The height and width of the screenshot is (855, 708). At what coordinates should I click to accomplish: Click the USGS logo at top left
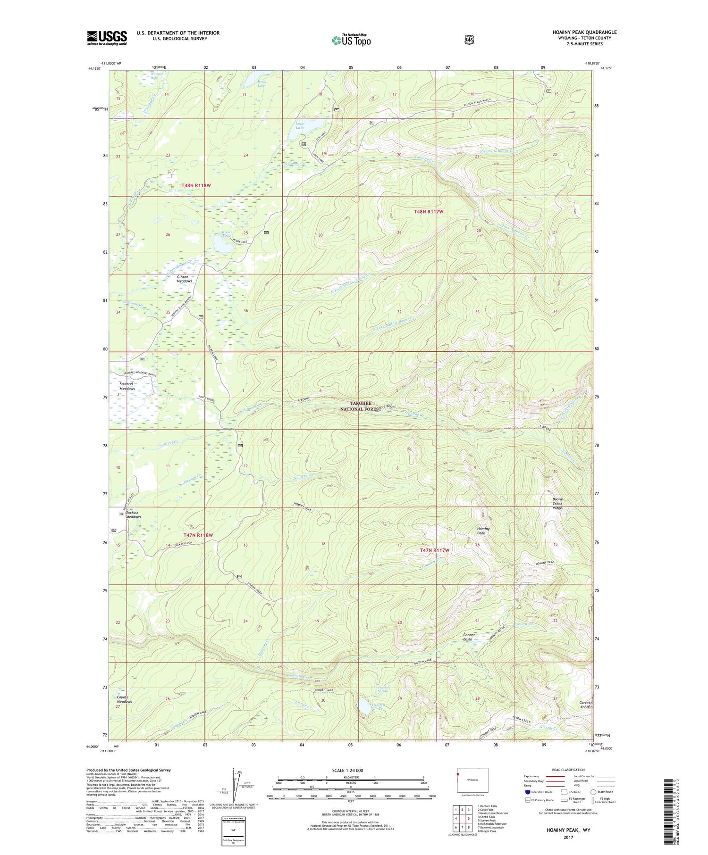click(107, 38)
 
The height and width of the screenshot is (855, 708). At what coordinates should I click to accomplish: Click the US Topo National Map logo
click(351, 40)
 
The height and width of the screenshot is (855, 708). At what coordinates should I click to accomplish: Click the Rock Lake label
click(262, 83)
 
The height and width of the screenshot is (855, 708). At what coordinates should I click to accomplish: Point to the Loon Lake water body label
click(300, 126)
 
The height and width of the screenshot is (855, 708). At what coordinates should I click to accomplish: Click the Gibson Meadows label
click(184, 279)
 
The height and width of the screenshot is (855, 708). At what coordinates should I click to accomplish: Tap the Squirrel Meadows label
click(124, 386)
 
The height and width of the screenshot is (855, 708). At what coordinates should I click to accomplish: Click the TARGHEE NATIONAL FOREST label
click(361, 406)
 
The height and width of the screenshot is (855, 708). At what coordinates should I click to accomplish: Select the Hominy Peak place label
click(483, 531)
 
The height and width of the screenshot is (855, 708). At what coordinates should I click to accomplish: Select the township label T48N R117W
click(429, 212)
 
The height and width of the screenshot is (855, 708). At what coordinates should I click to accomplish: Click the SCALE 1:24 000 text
click(348, 770)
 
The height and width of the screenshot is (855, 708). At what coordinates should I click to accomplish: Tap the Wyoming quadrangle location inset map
click(472, 781)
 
